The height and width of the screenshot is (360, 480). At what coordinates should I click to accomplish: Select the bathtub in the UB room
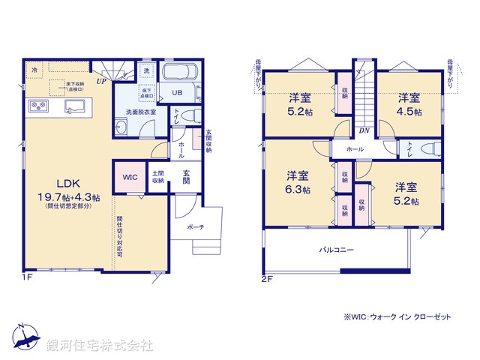(179, 75)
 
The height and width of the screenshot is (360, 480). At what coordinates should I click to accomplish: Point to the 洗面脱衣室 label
(141, 112)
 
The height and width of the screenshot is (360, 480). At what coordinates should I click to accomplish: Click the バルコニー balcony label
(337, 250)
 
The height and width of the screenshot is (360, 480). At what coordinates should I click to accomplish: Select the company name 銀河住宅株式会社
(100, 346)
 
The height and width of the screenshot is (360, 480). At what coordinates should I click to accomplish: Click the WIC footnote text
(397, 317)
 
